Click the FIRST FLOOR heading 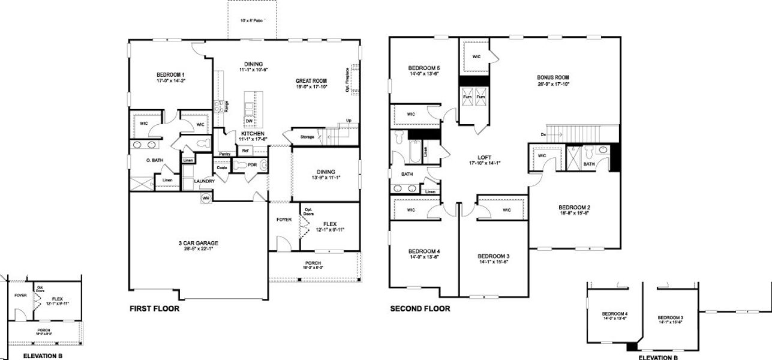tap(155, 309)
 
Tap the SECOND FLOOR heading tap(420, 309)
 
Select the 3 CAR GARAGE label tap(198, 243)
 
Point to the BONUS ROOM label tap(553, 77)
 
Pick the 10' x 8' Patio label tap(252, 21)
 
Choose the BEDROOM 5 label tap(424, 67)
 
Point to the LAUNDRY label tap(205, 181)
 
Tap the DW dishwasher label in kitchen tap(248, 120)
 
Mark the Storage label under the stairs tap(307, 137)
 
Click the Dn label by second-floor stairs tap(543, 134)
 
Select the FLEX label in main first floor tap(329, 224)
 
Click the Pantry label tap(225, 154)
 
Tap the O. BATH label tap(154, 160)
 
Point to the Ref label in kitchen tap(245, 151)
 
